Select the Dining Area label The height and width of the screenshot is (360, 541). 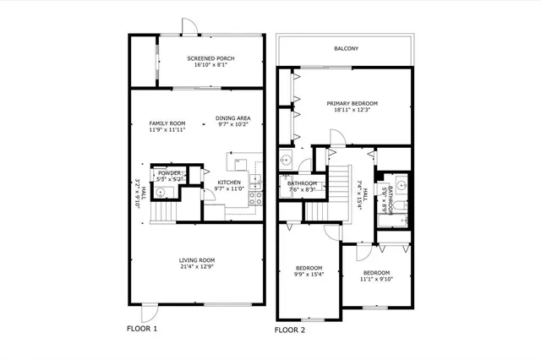point(232,118)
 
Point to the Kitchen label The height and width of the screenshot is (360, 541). point(229,183)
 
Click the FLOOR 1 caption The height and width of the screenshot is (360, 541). point(142,328)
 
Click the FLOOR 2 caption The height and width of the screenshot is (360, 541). point(290,330)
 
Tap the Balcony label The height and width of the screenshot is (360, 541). point(346,49)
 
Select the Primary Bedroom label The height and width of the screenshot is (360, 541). point(352,103)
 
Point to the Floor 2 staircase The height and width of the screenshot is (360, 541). point(338,190)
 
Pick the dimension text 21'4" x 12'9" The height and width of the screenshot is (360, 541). point(196,266)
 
